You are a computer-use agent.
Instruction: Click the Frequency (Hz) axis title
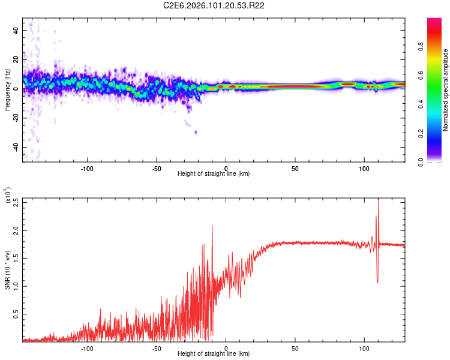click(x=8, y=90)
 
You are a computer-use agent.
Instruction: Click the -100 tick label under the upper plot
click(x=88, y=168)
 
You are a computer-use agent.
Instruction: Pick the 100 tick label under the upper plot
click(x=364, y=168)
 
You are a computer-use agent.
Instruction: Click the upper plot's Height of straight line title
click(x=214, y=174)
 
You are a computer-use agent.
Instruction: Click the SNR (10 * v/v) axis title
click(x=8, y=270)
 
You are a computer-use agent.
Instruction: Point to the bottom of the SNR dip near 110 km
click(x=377, y=282)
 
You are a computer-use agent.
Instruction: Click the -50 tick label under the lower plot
click(x=157, y=349)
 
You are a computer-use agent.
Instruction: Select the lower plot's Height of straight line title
click(x=214, y=355)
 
